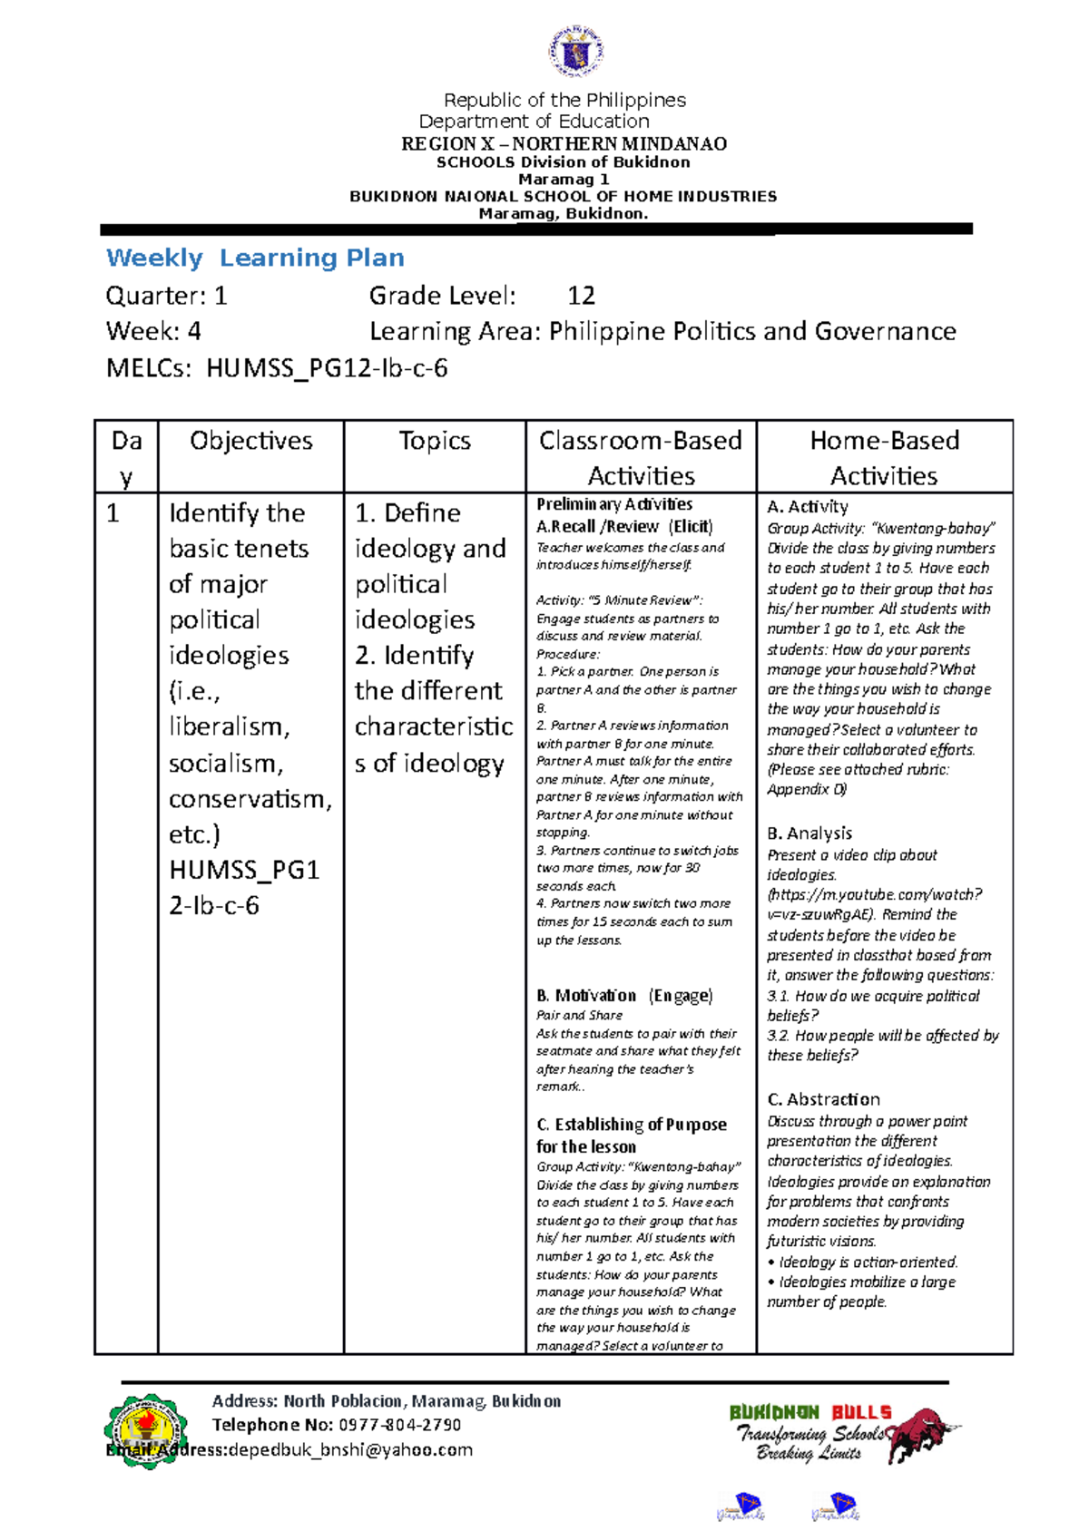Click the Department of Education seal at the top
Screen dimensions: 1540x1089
point(576,53)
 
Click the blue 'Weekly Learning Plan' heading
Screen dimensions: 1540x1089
point(255,258)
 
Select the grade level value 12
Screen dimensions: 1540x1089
point(581,296)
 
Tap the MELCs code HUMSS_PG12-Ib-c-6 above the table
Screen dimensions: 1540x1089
point(327,368)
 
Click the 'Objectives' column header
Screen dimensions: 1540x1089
point(251,441)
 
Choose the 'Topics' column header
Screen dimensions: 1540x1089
point(435,441)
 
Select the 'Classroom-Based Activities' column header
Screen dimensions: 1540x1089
point(641,457)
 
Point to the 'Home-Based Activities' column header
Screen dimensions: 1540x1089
point(884,457)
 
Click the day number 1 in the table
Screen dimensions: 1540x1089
point(113,514)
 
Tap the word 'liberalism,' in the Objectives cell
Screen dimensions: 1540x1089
point(230,727)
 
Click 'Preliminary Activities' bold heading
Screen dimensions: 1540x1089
point(614,504)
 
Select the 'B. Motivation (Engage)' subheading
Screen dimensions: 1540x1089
point(624,996)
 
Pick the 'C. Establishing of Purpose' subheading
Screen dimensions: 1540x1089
point(632,1125)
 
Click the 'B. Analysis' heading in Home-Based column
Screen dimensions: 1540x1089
point(809,833)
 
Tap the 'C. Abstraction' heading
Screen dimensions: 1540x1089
point(823,1099)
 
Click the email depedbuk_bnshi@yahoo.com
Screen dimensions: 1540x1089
point(350,1449)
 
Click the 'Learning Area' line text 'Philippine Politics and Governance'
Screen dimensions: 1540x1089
point(752,332)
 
